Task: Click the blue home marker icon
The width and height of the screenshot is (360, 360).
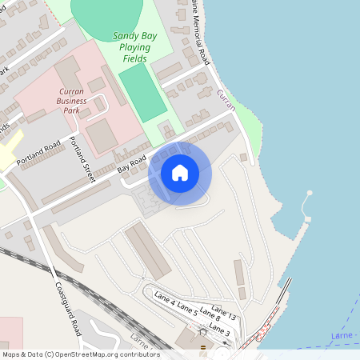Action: coord(180,173)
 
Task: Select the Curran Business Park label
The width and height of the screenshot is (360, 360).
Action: coord(77,102)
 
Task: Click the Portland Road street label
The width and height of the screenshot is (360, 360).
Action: coord(38,152)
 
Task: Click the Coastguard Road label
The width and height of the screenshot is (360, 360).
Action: coord(69,308)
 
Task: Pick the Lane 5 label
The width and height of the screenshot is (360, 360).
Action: coord(187,309)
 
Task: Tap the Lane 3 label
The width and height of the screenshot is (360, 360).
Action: coord(220,330)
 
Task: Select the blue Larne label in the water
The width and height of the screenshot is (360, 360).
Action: coord(341,335)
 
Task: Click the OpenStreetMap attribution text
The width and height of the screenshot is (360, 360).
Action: coord(80,354)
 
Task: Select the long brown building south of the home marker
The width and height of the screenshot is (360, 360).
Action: coord(147,250)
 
